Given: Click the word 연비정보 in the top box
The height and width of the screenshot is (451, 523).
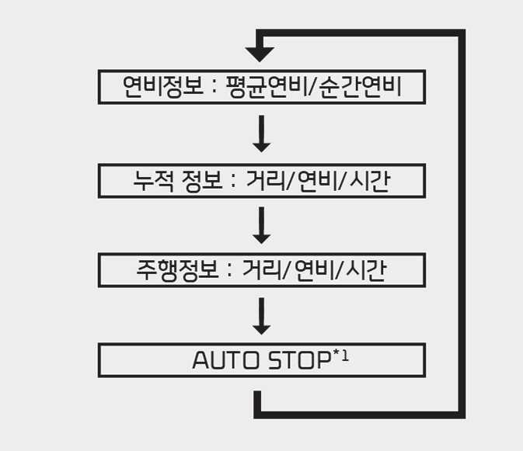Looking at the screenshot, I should tap(159, 86).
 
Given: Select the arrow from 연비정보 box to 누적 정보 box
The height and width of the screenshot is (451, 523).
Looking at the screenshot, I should tap(262, 134).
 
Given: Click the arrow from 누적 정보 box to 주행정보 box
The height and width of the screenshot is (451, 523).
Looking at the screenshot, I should tap(262, 225).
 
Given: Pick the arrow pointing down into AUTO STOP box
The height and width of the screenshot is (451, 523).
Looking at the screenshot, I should tap(262, 316).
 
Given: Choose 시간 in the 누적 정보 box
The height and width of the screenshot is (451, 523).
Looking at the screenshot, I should tap(369, 180).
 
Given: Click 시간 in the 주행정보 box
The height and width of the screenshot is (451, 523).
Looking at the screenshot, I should tap(364, 269).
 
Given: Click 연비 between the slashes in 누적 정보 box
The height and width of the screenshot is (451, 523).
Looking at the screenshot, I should tap(317, 180).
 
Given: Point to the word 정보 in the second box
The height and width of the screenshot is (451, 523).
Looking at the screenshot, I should tap(204, 180).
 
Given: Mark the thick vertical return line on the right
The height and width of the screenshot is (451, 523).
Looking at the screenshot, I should tap(462, 225).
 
